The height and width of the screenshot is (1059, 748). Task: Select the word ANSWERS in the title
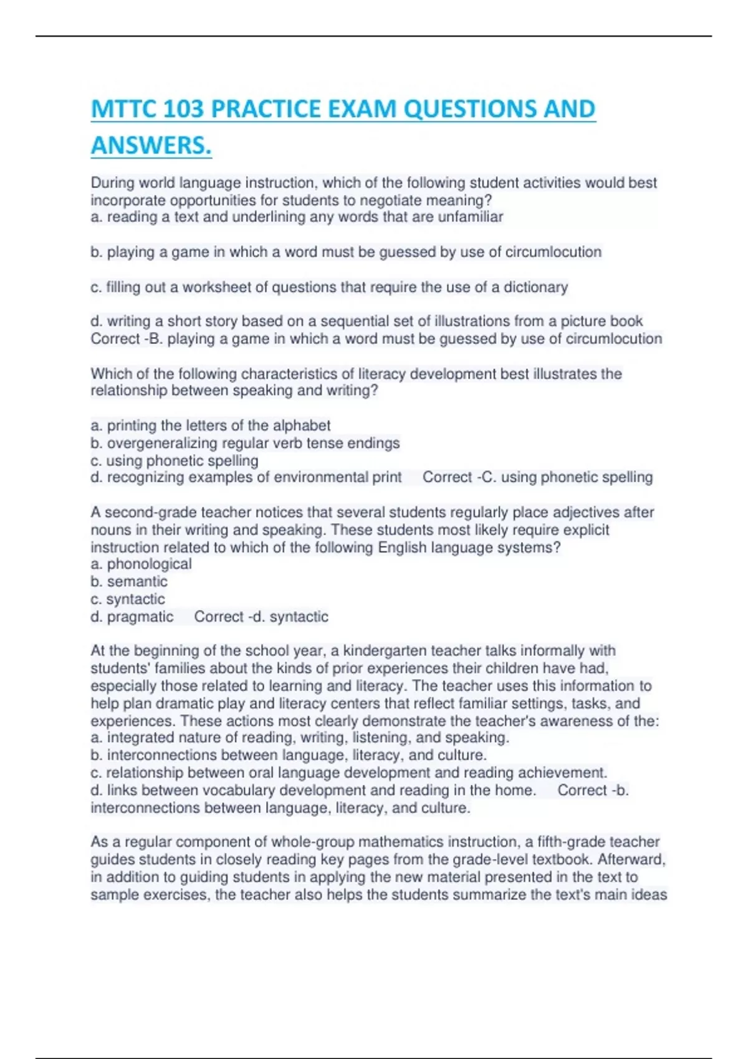pyautogui.click(x=150, y=146)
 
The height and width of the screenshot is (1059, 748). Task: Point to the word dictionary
pyautogui.click(x=535, y=287)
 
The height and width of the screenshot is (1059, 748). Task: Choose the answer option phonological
pyautogui.click(x=149, y=564)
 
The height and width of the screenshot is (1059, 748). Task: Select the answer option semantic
pyautogui.click(x=137, y=582)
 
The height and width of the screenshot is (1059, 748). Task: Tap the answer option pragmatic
pyautogui.click(x=140, y=617)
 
